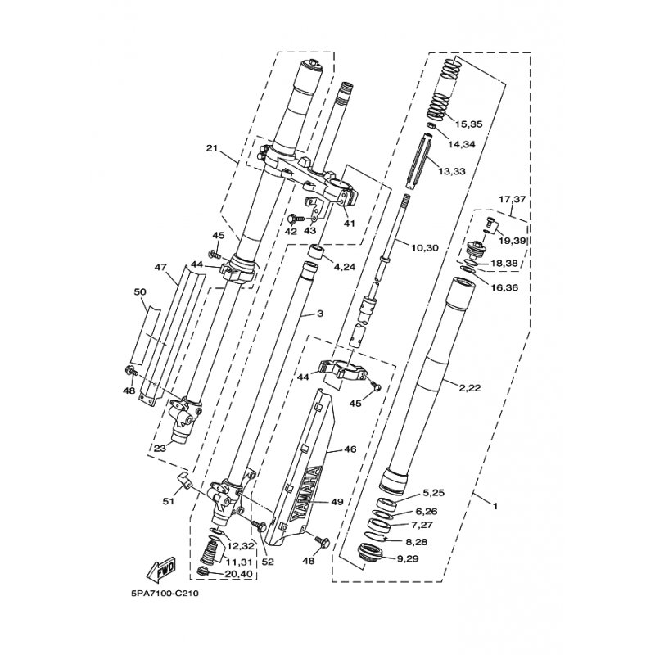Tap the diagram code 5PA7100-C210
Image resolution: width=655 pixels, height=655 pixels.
[x=165, y=593]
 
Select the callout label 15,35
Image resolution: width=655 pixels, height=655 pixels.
[x=469, y=124]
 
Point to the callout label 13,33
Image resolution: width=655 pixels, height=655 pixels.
[x=452, y=171]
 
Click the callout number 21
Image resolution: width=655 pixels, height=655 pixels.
[x=213, y=148]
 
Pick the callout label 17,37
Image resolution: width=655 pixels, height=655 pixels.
[x=513, y=200]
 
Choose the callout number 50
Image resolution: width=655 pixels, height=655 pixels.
[x=140, y=291]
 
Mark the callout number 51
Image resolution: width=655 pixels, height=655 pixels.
[x=168, y=501]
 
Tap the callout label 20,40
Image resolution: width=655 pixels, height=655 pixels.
[x=238, y=574]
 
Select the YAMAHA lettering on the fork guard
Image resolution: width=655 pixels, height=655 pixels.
[x=305, y=492]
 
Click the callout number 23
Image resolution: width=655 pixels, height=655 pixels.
[x=160, y=448]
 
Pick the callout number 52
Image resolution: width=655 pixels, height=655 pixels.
[x=268, y=562]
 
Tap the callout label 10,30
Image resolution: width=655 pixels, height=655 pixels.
[x=425, y=248]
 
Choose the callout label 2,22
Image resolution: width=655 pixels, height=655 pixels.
[x=470, y=388]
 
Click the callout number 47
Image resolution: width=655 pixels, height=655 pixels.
[x=160, y=267]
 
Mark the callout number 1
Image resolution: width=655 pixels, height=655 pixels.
[x=495, y=506]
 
